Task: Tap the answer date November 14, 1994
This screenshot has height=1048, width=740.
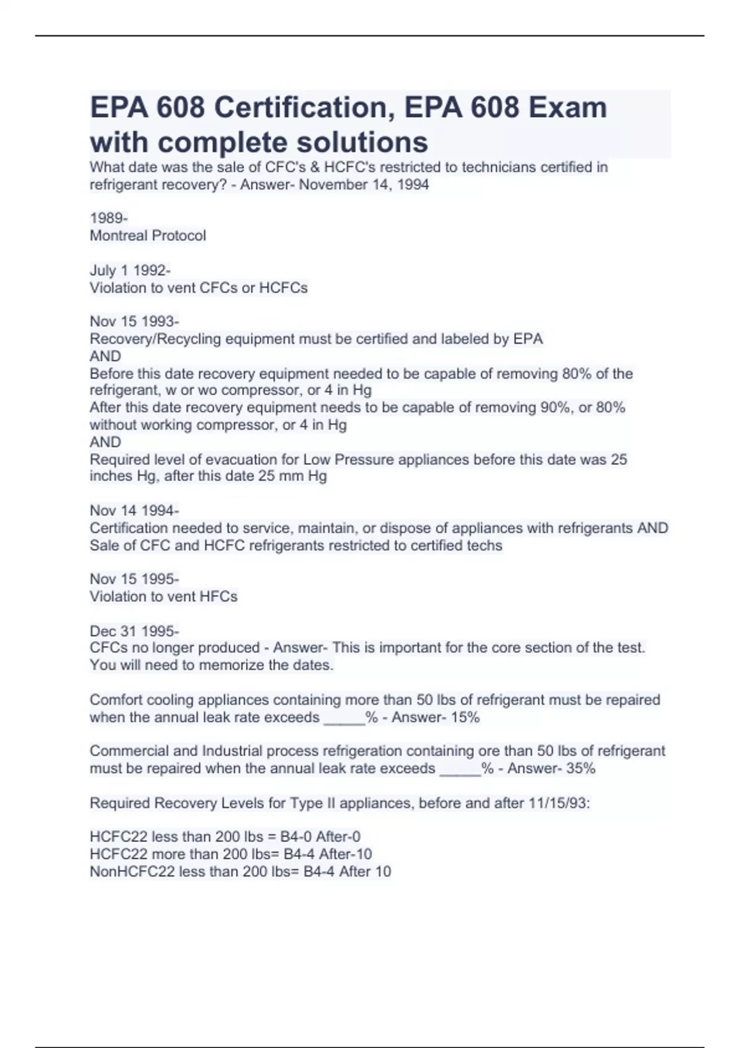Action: coord(364,184)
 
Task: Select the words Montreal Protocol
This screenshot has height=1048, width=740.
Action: coord(148,235)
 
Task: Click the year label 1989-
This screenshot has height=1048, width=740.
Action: coord(109,218)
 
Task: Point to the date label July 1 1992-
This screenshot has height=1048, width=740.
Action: coord(130,271)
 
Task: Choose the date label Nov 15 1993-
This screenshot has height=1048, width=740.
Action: coord(134,322)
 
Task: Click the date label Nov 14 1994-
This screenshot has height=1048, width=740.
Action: coord(134,510)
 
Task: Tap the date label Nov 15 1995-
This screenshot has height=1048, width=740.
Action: coord(134,579)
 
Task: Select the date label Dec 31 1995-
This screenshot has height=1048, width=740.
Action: coord(134,631)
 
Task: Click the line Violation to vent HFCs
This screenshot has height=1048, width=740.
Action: coord(163,596)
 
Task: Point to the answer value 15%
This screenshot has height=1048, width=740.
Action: coord(465,717)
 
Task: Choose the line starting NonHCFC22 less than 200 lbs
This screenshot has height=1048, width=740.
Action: coord(240,872)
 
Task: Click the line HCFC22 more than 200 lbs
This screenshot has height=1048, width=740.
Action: coord(231,854)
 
